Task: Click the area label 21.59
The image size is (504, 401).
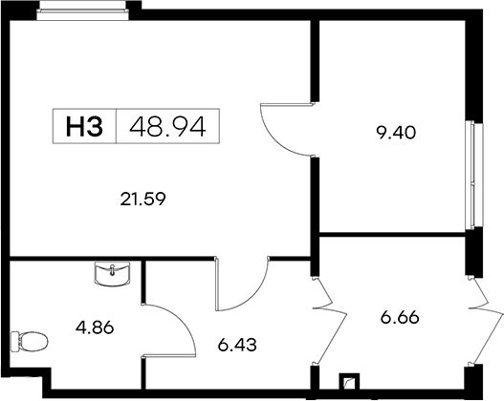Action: coord(143,199)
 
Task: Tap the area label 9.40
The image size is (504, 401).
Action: coord(396,133)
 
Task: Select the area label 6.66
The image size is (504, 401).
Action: coord(400,318)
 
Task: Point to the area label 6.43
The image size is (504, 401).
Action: coord(237,345)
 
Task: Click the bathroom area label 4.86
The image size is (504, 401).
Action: coord(95,327)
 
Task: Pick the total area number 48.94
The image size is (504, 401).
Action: coord(167,126)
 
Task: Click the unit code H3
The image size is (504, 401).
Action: coord(84,126)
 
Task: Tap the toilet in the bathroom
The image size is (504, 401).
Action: coord(29,342)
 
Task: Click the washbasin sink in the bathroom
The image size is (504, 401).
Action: coord(113,273)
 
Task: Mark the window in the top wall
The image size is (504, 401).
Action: coord(83,14)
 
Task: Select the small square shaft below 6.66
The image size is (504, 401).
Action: coord(349,382)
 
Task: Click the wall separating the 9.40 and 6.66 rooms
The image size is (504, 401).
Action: coord(392,235)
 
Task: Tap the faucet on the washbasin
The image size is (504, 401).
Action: coord(112,269)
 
